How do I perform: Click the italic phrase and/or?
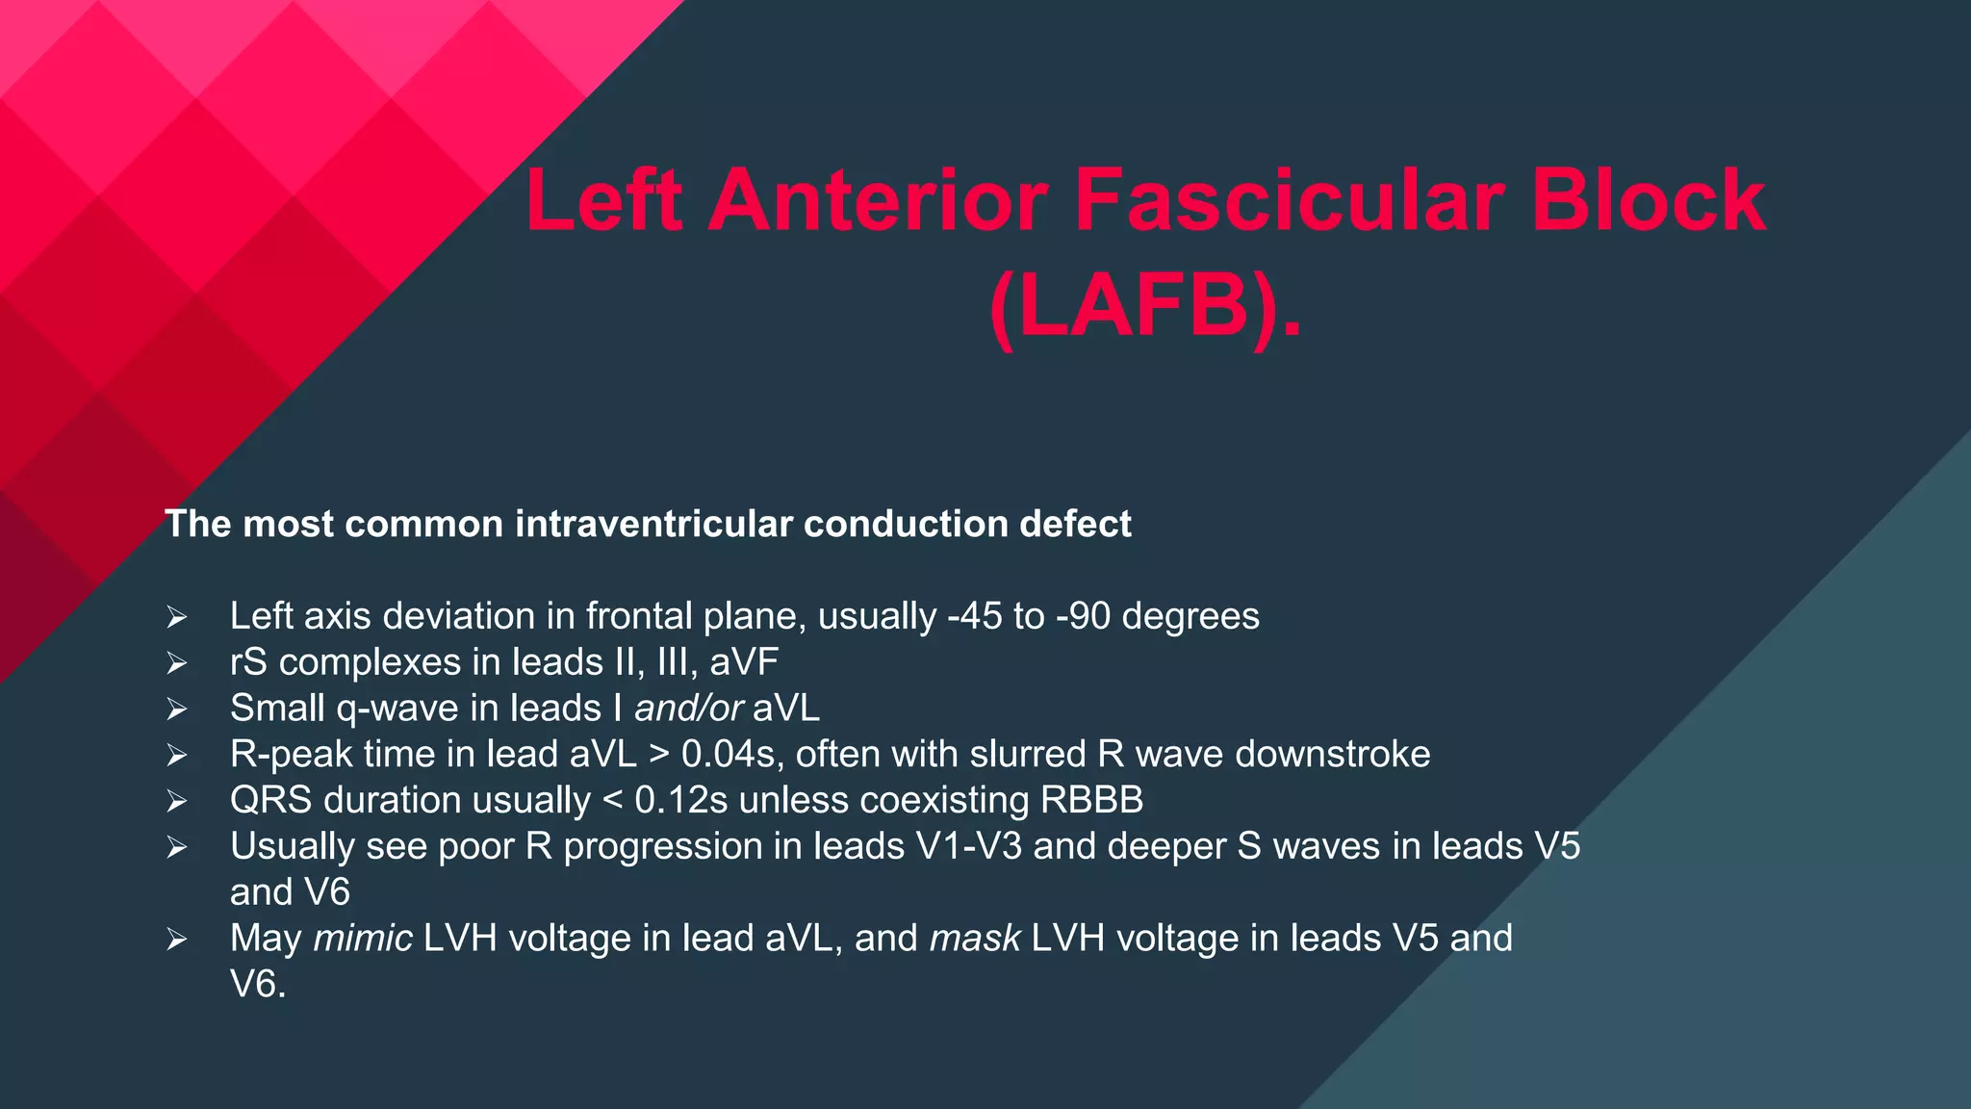pos(688,709)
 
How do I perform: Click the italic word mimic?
pos(363,938)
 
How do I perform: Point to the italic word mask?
pos(974,938)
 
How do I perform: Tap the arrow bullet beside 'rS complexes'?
pos(176,663)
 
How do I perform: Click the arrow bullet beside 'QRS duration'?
pos(176,801)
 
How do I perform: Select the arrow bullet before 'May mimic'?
pos(176,939)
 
